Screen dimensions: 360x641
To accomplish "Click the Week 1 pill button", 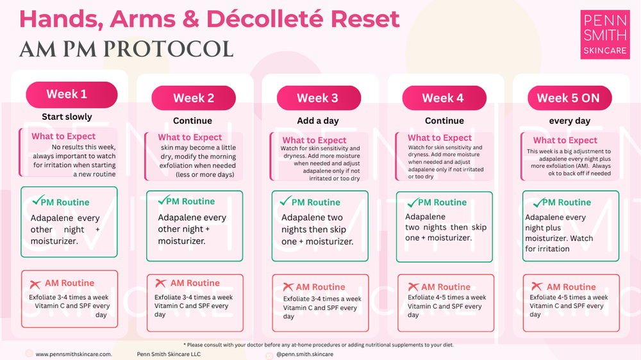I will [x=71, y=94].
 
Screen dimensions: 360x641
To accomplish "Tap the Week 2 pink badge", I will [x=194, y=98].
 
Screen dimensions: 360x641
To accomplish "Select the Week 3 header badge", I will [x=317, y=98].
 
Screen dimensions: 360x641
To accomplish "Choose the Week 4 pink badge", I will [x=443, y=98].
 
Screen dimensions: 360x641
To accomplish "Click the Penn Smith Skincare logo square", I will [x=605, y=35].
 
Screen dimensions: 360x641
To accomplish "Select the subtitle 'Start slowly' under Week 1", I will [x=67, y=117].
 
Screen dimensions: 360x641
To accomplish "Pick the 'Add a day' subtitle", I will [x=318, y=121].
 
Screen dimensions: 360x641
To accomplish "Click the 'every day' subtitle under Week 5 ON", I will [x=569, y=121].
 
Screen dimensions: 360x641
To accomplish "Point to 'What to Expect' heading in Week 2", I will [x=190, y=137].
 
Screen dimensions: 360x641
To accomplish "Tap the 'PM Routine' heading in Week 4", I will [x=442, y=202].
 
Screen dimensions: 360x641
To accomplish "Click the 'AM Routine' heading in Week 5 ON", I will [x=571, y=287].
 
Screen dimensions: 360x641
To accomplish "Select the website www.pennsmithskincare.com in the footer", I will [x=74, y=354].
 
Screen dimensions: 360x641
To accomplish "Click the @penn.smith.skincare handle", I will [x=304, y=354].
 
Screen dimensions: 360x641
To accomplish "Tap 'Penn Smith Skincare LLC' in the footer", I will [x=169, y=354].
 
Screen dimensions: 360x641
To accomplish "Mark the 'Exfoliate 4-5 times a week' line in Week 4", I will [x=447, y=297].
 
